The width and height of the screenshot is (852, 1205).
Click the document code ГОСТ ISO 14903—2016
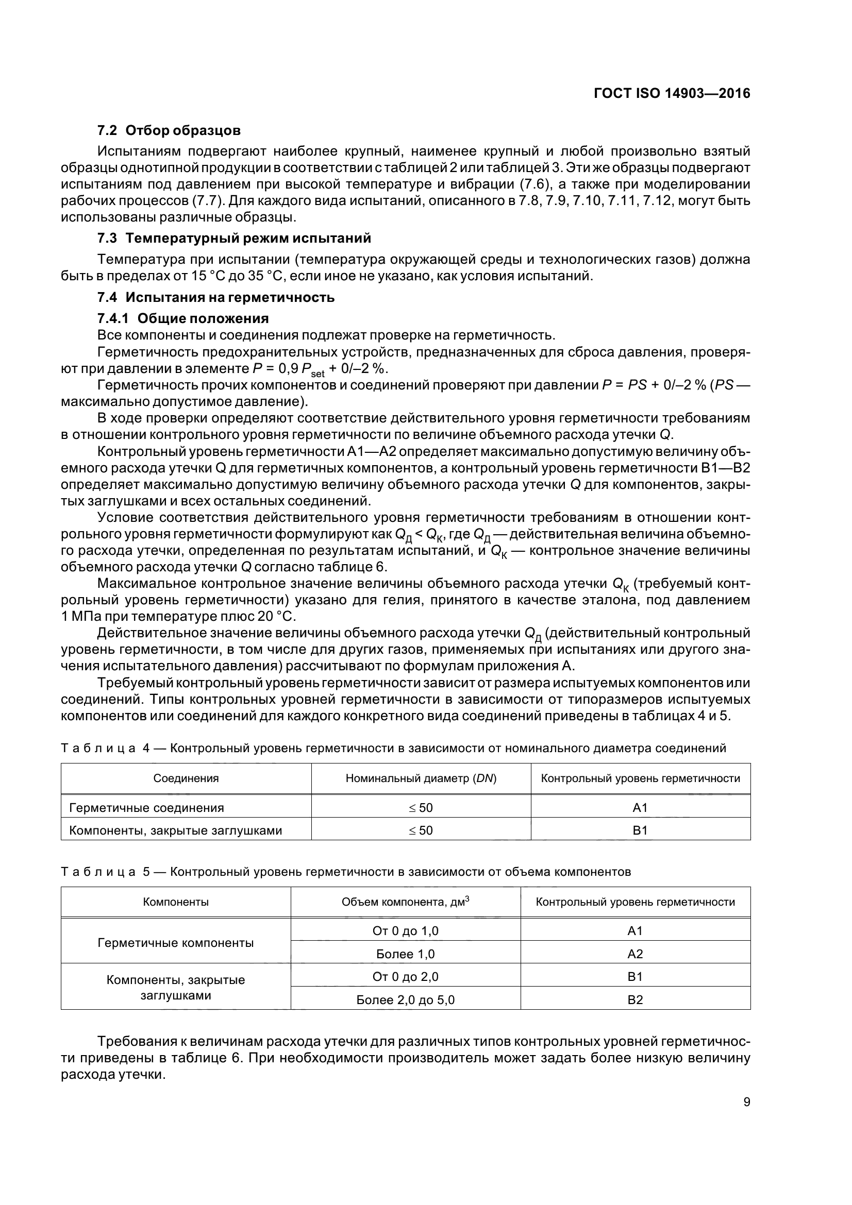672,93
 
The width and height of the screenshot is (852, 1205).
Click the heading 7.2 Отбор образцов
169,130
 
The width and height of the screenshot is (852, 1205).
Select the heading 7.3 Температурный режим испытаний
234,239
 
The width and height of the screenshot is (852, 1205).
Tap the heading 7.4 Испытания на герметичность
216,298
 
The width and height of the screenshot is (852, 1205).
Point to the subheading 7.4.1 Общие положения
183,318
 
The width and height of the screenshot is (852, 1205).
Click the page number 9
746,1102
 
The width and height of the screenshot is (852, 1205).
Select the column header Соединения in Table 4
186,778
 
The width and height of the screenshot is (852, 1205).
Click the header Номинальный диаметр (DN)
421,778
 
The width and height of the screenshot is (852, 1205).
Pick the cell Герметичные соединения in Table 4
147,808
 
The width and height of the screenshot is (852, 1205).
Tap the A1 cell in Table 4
640,808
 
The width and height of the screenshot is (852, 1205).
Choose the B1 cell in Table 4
640,830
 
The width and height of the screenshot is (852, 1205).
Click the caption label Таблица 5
106,872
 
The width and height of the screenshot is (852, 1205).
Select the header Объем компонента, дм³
405,902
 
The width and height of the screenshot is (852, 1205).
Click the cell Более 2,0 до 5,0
405,1000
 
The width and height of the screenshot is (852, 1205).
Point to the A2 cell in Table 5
634,954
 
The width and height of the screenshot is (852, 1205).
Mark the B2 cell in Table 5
634,1000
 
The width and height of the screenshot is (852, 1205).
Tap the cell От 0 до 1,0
405,931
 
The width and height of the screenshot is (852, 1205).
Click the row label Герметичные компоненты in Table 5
175,943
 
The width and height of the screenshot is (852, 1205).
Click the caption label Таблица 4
106,749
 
